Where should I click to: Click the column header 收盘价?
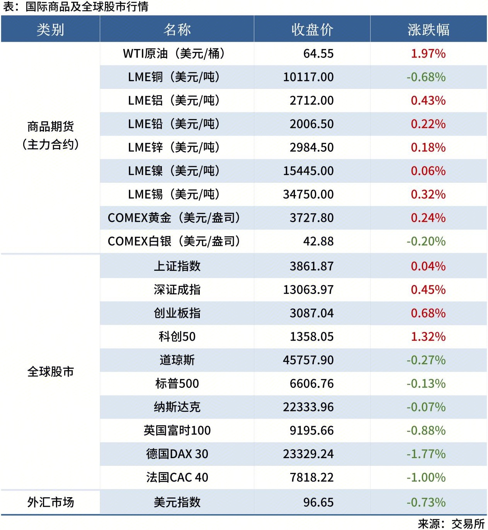click(312, 30)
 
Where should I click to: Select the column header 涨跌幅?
click(428, 30)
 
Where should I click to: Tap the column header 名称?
click(177, 30)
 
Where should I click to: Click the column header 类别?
click(50, 30)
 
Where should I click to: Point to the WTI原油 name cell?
click(174, 53)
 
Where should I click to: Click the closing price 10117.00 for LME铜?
click(308, 77)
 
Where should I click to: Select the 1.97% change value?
click(428, 53)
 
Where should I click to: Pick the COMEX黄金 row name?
click(174, 218)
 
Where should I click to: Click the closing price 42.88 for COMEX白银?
click(318, 241)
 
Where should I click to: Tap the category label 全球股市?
click(50, 372)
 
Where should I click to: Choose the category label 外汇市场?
click(50, 502)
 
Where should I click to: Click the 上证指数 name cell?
click(177, 266)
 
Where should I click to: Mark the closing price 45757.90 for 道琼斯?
click(308, 360)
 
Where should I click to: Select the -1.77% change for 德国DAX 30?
click(426, 454)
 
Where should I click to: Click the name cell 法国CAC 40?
click(177, 477)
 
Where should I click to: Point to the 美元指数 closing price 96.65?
click(318, 502)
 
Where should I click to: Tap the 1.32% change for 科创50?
click(428, 336)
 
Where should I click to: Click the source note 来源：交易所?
click(451, 523)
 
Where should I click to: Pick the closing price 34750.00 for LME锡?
click(308, 194)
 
